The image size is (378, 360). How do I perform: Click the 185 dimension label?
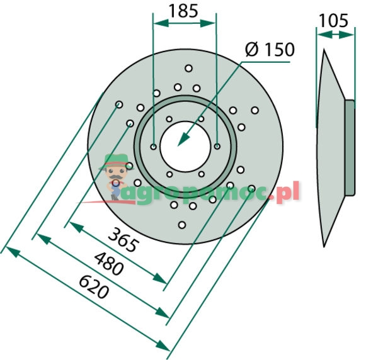tap(184, 10)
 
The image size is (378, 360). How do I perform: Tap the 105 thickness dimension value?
tap(333, 21)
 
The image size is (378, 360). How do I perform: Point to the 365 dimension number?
tap(122, 239)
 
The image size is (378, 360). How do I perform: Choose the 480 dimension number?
tap(108, 264)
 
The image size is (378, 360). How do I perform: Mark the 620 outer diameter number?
tap(94, 288)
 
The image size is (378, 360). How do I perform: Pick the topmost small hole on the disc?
tap(188, 68)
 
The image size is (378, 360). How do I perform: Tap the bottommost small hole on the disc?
tap(182, 224)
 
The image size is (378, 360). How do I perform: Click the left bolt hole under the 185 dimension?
tap(154, 147)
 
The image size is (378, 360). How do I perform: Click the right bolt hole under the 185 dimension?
tap(217, 147)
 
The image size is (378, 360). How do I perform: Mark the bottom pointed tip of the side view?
tap(324, 245)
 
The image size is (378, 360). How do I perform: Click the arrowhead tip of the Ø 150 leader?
tap(179, 145)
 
